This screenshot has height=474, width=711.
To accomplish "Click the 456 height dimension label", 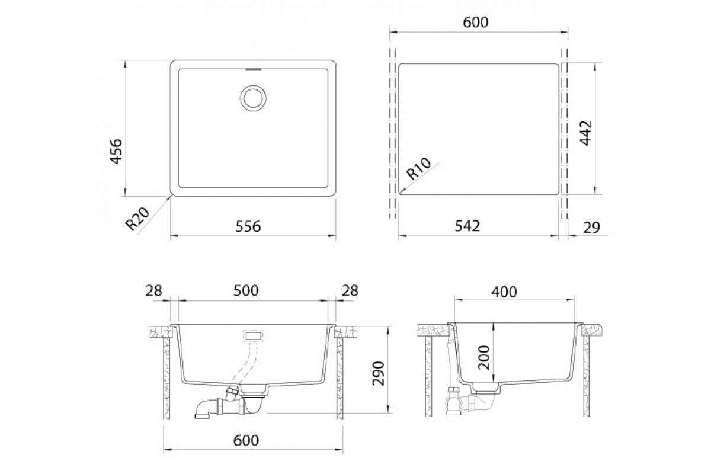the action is coord(116,152).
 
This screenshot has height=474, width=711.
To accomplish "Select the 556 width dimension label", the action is coord(248,227).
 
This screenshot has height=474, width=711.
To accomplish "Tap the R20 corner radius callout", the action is coord(137,219).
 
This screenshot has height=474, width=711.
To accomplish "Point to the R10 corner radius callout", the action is coord(419,169).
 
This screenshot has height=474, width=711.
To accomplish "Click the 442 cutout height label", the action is coord(585,133).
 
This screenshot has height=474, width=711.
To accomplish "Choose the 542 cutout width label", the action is coord(467,226).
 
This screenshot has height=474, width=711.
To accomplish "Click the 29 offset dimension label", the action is coord(592,228).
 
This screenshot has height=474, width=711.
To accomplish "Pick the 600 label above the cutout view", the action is coord(475,23).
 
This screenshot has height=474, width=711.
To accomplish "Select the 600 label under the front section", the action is coord(246,440).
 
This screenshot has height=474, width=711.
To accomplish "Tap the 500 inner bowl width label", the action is coord(246,290).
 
